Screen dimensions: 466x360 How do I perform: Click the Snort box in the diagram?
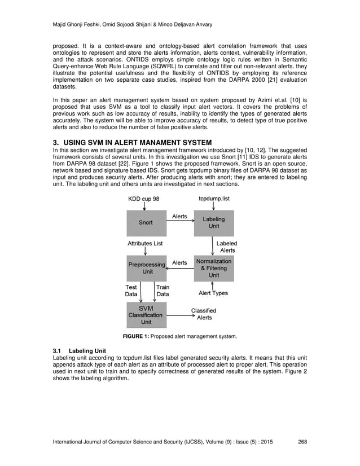pyautogui.click(x=146, y=223)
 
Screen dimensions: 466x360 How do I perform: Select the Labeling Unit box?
pyautogui.click(x=213, y=223)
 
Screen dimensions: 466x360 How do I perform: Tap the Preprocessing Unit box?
pyautogui.click(x=147, y=267)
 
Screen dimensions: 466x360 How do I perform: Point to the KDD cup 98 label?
pyautogui.click(x=143, y=199)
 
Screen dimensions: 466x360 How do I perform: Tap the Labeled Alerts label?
pyautogui.click(x=227, y=247)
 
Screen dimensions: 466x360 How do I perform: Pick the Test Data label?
pyautogui.click(x=131, y=290)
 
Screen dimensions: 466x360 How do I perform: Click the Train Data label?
pyautogui.click(x=162, y=290)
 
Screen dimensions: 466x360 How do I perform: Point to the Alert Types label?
pyautogui.click(x=213, y=293)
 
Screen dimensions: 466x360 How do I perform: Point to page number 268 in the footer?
pyautogui.click(x=302, y=441)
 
